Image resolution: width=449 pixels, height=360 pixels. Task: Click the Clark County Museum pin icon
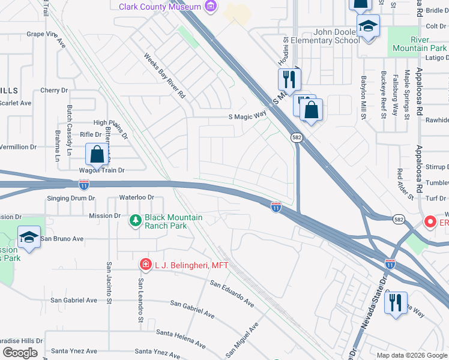[x=210, y=6]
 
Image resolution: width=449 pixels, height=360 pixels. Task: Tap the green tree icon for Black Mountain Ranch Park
[x=136, y=221]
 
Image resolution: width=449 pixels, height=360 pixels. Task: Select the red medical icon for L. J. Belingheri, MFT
[x=145, y=264]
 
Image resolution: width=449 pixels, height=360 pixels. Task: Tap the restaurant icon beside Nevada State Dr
[x=396, y=302]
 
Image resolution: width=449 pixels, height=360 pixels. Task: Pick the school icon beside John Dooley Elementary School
[x=367, y=26]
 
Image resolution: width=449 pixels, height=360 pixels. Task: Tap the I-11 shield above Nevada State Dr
[x=390, y=263]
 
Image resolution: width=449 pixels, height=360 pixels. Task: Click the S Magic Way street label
[x=247, y=118]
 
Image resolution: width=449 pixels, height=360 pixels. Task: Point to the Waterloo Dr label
[x=136, y=197]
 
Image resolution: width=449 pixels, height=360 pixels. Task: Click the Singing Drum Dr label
[x=71, y=198]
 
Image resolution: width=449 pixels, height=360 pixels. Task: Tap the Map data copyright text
[x=412, y=355]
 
